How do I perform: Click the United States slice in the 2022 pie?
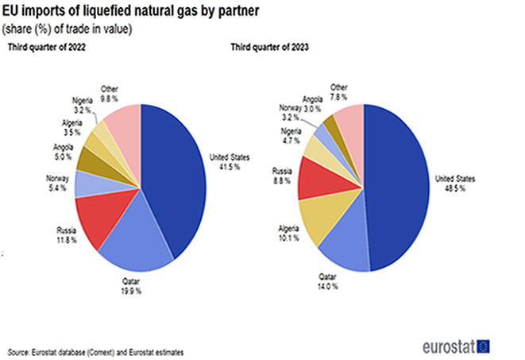(x=175, y=175)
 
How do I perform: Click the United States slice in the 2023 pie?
(x=401, y=187)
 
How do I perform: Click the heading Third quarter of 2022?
(x=47, y=49)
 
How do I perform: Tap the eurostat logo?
(x=455, y=346)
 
